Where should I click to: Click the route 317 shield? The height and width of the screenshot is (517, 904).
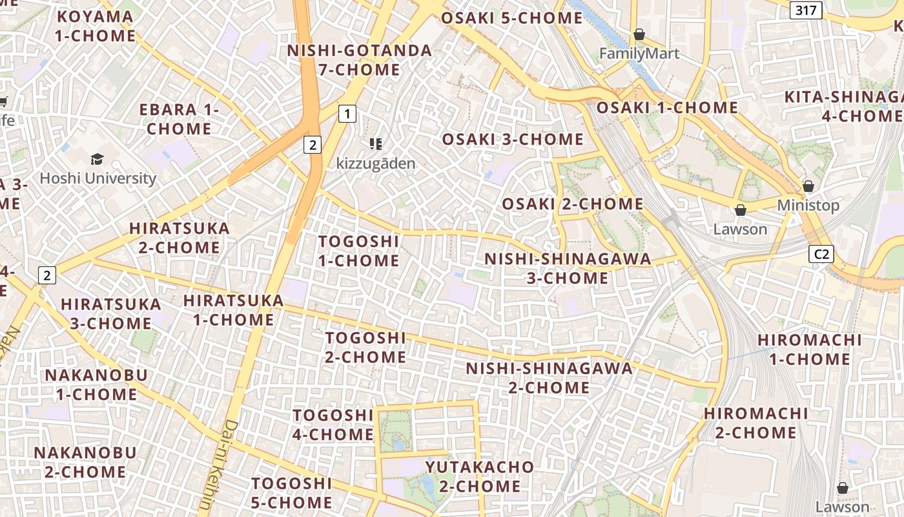pos(806,10)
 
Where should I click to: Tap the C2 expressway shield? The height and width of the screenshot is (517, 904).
pos(821,254)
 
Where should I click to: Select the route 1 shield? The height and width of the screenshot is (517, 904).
pos(347,114)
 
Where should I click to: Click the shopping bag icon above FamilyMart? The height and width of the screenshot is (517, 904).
pos(639,34)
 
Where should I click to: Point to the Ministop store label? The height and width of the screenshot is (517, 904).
pos(808,206)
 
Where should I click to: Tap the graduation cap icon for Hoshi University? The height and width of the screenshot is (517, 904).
pos(97,159)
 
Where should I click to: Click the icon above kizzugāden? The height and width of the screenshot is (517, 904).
pos(376,144)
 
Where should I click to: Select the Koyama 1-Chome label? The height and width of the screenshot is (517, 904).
pos(95,26)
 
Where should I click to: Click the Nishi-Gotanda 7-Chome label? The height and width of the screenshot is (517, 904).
pos(360,59)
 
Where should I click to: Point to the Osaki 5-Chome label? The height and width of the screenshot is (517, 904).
pos(511,18)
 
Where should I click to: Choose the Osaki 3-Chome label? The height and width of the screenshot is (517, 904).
pos(513,139)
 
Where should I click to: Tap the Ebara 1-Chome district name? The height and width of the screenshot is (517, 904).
pos(180,119)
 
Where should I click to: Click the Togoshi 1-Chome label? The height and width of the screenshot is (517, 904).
pos(359,251)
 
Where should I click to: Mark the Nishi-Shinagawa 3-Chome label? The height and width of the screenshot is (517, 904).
pos(568,268)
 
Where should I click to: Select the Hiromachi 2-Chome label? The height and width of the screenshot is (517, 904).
pos(755,423)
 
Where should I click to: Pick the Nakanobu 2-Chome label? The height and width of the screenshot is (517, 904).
pos(85,462)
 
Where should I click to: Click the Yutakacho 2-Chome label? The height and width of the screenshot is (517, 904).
pos(480,476)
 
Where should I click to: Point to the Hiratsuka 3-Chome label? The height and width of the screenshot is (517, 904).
pos(110,313)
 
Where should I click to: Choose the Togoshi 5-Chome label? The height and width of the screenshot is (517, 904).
pos(292,492)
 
